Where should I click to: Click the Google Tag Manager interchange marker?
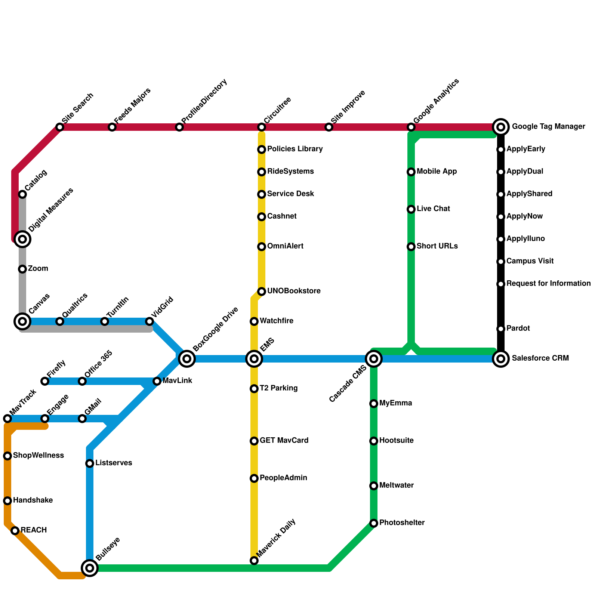click(501, 127)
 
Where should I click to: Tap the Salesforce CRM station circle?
click(501, 359)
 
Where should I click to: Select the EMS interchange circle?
click(254, 359)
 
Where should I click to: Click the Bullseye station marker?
click(90, 568)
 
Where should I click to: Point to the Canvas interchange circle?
click(22, 321)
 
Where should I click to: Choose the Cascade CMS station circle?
click(374, 359)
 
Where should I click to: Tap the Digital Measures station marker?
click(22, 239)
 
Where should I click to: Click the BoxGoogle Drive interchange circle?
click(187, 359)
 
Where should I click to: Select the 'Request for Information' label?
click(548, 284)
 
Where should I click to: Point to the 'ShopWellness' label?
click(38, 456)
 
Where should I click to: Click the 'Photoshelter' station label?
click(402, 523)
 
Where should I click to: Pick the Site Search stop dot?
click(60, 127)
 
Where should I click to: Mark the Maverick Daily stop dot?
click(254, 561)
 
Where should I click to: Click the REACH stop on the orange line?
click(15, 531)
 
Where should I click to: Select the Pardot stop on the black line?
click(501, 329)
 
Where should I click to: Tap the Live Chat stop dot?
click(411, 209)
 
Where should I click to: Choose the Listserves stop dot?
click(90, 463)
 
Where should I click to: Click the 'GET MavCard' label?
click(284, 441)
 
